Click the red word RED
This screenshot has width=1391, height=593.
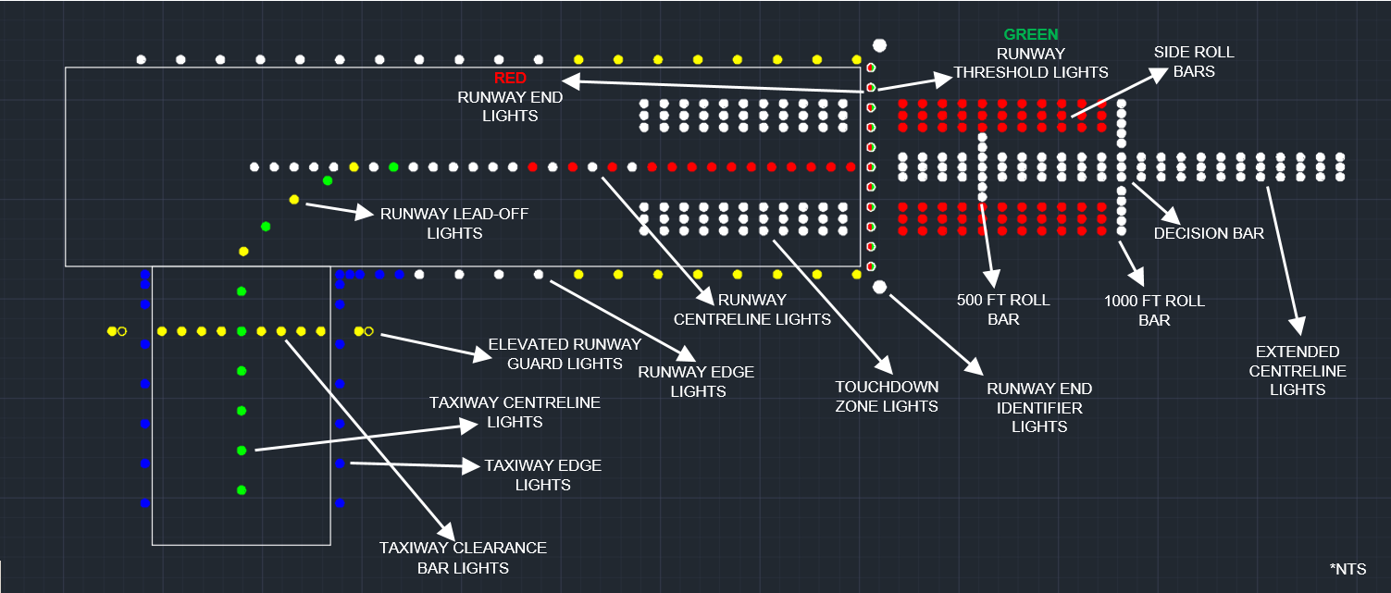tap(510, 78)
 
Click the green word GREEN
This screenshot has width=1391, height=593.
tap(1031, 34)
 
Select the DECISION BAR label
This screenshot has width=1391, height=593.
tap(1208, 233)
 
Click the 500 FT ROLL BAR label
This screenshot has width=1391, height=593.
tap(988, 309)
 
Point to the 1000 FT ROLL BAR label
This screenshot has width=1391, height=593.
tap(1154, 310)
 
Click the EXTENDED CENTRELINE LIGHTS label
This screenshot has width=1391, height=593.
tap(1298, 370)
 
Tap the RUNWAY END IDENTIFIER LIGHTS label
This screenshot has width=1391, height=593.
tap(1038, 407)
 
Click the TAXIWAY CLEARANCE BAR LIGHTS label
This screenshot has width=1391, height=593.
tap(463, 557)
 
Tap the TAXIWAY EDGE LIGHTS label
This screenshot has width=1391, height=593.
tap(542, 475)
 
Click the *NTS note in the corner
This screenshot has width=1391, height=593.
tap(1347, 568)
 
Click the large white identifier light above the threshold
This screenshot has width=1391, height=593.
tap(879, 44)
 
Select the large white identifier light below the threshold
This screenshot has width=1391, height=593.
tap(879, 287)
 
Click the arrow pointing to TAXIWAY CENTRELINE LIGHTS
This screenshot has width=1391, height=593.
tap(361, 438)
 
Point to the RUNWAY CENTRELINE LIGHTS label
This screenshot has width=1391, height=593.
tap(751, 309)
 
